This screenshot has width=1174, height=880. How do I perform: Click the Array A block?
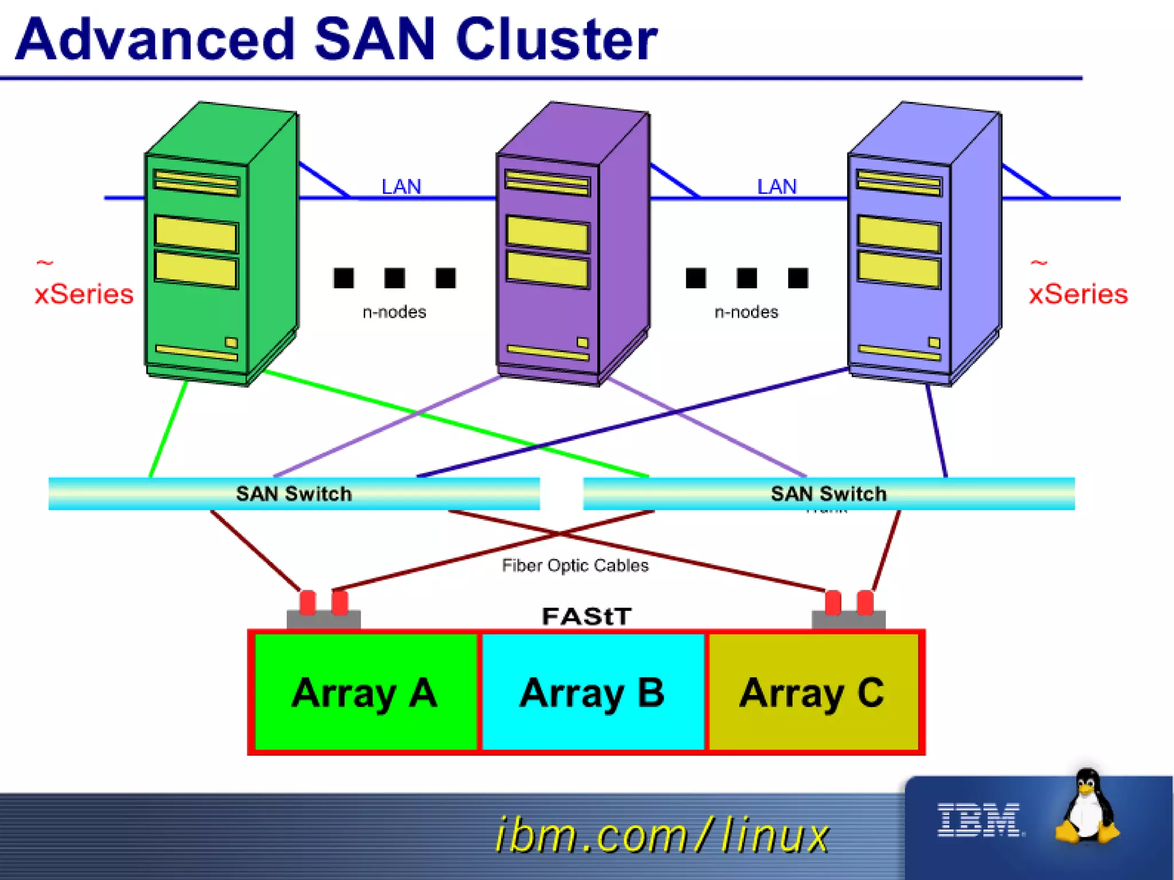(365, 693)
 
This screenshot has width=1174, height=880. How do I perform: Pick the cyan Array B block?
(592, 693)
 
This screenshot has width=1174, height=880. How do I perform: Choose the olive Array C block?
(813, 693)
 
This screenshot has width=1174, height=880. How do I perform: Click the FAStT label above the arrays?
(586, 616)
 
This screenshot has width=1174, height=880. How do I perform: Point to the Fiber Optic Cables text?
(575, 566)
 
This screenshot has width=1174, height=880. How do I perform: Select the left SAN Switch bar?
(293, 494)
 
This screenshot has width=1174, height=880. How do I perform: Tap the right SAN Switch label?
(828, 494)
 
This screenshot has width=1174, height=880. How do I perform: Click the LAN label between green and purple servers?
(401, 187)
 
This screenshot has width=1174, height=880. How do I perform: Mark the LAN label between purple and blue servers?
(777, 187)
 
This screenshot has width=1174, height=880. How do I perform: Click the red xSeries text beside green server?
(84, 294)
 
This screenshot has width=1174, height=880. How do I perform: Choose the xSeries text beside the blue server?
(1078, 294)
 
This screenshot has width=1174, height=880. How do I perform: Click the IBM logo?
(979, 820)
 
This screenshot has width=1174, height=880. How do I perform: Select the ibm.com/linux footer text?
(662, 835)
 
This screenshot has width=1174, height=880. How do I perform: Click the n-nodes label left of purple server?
(394, 312)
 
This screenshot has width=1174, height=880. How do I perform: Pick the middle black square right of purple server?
(746, 278)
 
